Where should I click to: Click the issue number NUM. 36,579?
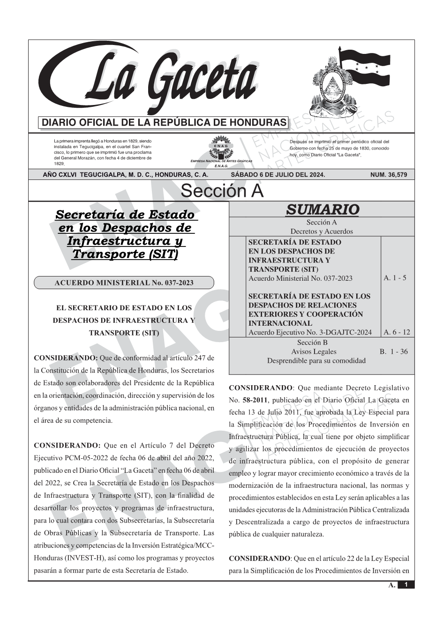[x=389, y=175]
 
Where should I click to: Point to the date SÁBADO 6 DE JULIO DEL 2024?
[x=278, y=175]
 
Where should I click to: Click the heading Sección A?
[x=222, y=191]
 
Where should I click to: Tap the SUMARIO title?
[x=322, y=209]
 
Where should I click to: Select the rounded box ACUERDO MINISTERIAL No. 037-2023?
[x=124, y=283]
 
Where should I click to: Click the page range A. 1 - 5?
[x=395, y=277]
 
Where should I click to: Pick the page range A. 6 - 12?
[x=397, y=332]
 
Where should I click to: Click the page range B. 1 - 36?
[x=394, y=351]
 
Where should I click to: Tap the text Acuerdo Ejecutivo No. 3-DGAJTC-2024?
[x=310, y=333]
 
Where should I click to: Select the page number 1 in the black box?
[x=406, y=585]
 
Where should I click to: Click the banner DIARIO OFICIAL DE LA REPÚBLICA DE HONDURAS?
[x=164, y=123]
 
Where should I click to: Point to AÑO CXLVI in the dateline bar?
[x=60, y=175]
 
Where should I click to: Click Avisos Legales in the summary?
[x=314, y=351]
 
